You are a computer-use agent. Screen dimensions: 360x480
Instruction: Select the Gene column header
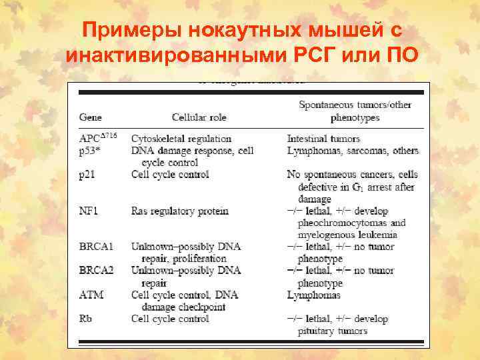coord(91,117)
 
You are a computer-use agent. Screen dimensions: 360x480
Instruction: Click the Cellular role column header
coord(199,117)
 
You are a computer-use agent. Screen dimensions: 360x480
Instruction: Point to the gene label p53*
coord(91,151)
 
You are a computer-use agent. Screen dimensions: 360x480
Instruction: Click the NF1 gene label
coord(89,211)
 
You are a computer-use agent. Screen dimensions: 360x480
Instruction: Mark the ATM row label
coord(91,295)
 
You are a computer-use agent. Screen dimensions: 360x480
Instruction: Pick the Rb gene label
coord(86,319)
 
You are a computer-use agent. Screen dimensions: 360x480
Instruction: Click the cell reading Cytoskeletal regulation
coord(181,139)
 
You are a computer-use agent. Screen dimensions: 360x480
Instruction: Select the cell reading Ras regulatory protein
coord(180,211)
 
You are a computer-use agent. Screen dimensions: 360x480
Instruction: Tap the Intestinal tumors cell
coord(323,139)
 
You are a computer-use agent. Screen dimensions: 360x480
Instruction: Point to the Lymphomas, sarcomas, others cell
coord(353,151)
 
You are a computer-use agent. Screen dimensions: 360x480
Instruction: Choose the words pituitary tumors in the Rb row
coord(333,331)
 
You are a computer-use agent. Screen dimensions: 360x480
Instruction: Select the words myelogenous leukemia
coord(349,235)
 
